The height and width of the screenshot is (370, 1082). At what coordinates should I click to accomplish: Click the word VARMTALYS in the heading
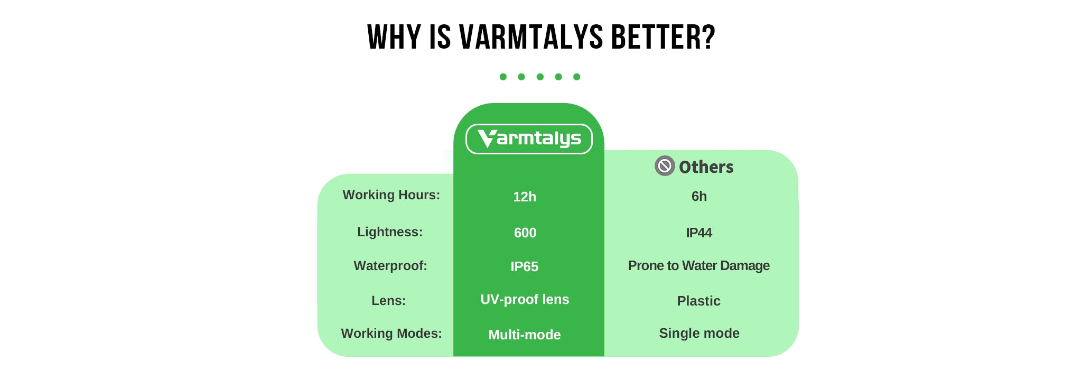(531, 37)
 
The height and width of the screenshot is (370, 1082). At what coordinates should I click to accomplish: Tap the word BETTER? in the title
(663, 37)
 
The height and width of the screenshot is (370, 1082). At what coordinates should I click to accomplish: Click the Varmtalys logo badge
(529, 139)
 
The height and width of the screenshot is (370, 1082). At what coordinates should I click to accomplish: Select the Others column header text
(706, 167)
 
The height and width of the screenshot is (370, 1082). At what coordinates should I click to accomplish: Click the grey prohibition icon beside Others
(665, 166)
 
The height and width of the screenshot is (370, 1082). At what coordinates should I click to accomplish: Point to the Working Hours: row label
(391, 195)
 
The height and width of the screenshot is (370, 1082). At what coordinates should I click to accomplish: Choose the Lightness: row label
(390, 232)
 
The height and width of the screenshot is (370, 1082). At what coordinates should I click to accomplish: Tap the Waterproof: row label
(390, 265)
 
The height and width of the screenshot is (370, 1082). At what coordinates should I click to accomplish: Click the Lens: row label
(388, 301)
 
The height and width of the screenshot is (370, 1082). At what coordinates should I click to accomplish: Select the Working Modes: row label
(391, 334)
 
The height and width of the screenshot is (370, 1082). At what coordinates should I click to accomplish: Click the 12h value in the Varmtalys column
(525, 197)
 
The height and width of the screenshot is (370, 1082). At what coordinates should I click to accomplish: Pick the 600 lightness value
(525, 233)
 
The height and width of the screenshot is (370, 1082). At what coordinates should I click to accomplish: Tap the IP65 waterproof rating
(525, 266)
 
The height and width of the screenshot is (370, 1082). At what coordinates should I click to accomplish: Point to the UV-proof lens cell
(525, 299)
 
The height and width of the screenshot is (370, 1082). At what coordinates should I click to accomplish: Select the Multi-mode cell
(525, 335)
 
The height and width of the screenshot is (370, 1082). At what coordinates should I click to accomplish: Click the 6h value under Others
(699, 196)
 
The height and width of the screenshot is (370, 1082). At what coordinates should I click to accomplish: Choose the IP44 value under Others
(699, 233)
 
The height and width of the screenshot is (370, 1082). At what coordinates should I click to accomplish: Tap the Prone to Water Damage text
(698, 265)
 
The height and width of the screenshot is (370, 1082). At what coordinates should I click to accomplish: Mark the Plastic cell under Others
(698, 301)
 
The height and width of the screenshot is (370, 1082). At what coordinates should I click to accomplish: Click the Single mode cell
(699, 333)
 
